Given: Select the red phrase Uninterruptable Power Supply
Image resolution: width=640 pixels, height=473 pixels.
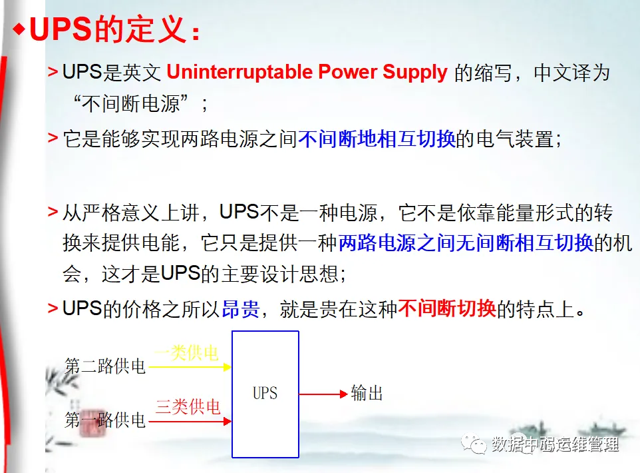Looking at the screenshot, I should pyautogui.click(x=307, y=73).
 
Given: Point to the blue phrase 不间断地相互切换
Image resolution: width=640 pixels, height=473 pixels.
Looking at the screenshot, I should pyautogui.click(x=377, y=139).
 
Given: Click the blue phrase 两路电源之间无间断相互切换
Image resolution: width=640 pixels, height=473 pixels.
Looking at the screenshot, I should pyautogui.click(x=466, y=243).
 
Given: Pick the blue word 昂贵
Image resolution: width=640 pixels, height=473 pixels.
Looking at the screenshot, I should pyautogui.click(x=240, y=310).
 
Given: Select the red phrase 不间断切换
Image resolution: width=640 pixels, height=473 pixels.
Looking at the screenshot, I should pyautogui.click(x=447, y=310).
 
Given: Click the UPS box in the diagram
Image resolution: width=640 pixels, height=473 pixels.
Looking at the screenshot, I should pyautogui.click(x=265, y=394).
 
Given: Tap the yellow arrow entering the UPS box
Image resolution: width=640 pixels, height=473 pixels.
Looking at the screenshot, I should pyautogui.click(x=190, y=366).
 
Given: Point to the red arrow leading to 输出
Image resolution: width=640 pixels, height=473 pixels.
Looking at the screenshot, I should pyautogui.click(x=323, y=394).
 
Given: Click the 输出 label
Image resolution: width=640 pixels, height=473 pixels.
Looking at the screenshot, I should pyautogui.click(x=367, y=394).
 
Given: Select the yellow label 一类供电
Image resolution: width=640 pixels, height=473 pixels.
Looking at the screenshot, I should pyautogui.click(x=187, y=353).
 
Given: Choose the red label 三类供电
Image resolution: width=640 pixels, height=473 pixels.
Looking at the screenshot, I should pyautogui.click(x=188, y=407).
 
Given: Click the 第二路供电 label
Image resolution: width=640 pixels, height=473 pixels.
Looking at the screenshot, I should pyautogui.click(x=105, y=366).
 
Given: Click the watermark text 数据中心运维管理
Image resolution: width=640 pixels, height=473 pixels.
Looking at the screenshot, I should pyautogui.click(x=555, y=444).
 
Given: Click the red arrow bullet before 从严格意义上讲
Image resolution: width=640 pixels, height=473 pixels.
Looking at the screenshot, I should pyautogui.click(x=53, y=213).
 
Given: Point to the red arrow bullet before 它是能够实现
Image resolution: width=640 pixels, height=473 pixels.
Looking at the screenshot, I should pyautogui.click(x=53, y=139).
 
